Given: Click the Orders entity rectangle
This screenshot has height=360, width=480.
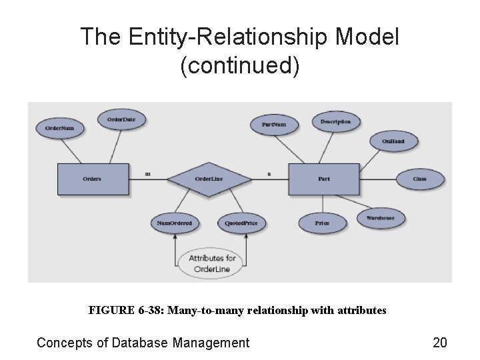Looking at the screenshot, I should click(93, 179).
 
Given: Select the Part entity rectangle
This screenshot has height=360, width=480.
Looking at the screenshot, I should click(323, 179).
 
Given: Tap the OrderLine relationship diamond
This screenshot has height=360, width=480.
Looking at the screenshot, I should click(208, 179).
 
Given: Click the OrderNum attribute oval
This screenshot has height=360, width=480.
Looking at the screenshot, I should click(60, 127).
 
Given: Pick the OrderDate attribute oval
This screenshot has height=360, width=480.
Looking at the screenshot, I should click(121, 119).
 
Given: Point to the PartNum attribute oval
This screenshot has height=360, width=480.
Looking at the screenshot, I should click(274, 124).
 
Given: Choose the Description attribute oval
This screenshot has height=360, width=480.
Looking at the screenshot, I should click(335, 121).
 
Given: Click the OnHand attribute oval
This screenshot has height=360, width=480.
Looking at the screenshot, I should click(393, 141).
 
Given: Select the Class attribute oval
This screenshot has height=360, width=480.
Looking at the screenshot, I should click(419, 179).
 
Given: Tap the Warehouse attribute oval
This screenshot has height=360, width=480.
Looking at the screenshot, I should click(380, 218).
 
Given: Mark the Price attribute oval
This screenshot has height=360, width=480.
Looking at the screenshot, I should click(322, 223).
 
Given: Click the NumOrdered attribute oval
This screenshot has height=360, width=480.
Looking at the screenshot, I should click(175, 223).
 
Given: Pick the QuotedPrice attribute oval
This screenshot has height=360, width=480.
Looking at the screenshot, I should click(241, 223).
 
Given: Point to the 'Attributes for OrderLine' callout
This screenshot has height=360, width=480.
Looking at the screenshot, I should click(212, 263).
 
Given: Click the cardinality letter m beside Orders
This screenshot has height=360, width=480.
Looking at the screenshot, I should click(147, 174).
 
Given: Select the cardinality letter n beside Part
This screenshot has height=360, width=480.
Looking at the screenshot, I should click(269, 174).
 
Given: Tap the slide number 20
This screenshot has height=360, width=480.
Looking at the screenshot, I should click(440, 343).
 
